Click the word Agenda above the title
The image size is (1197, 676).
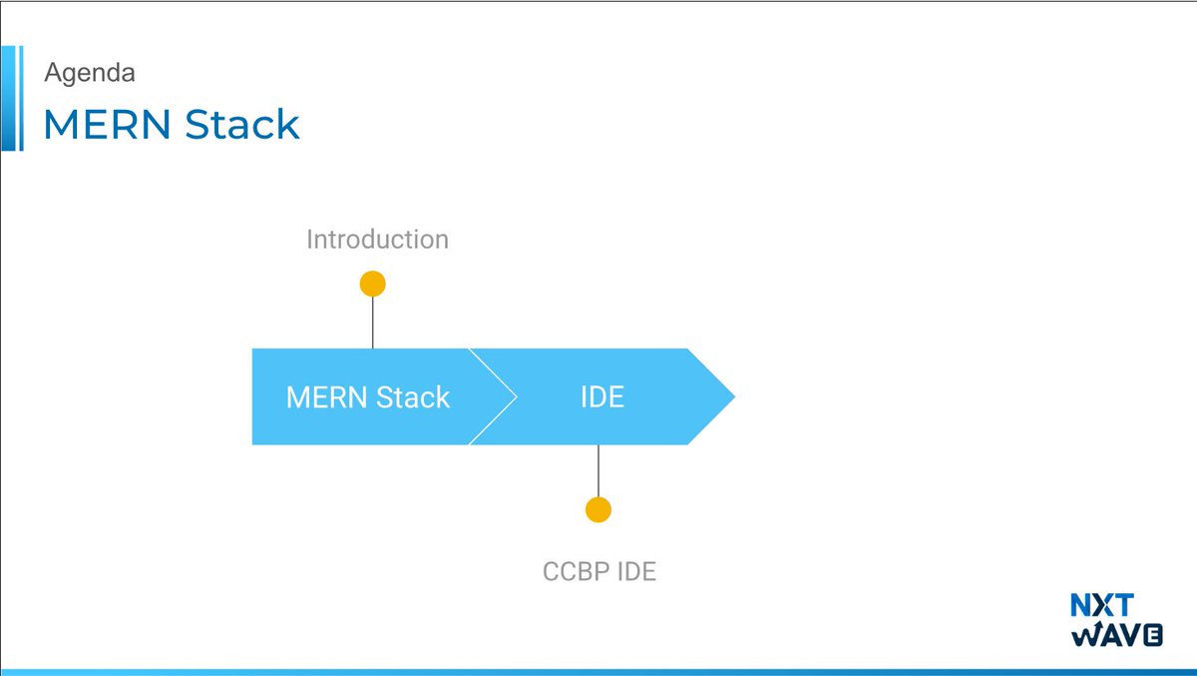(x=90, y=73)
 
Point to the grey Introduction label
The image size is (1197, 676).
(x=377, y=240)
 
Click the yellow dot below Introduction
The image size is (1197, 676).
(x=372, y=284)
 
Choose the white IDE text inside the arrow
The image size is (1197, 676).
(x=602, y=397)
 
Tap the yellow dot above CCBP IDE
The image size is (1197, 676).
(x=598, y=509)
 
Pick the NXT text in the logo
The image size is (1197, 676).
(x=1101, y=606)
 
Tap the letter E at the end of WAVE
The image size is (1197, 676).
(x=1152, y=636)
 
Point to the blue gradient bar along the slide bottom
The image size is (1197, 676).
(x=598, y=672)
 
